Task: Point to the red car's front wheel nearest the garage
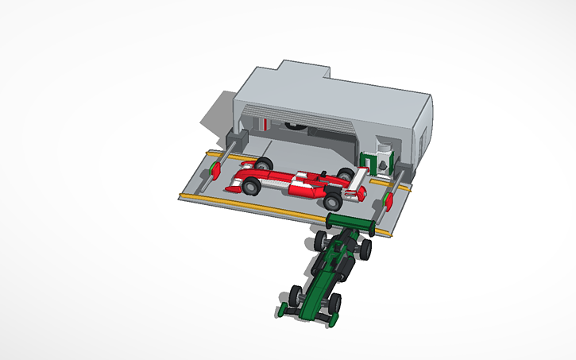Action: click(263, 165)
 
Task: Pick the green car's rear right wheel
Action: click(365, 250)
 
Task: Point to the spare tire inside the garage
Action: click(295, 126)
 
